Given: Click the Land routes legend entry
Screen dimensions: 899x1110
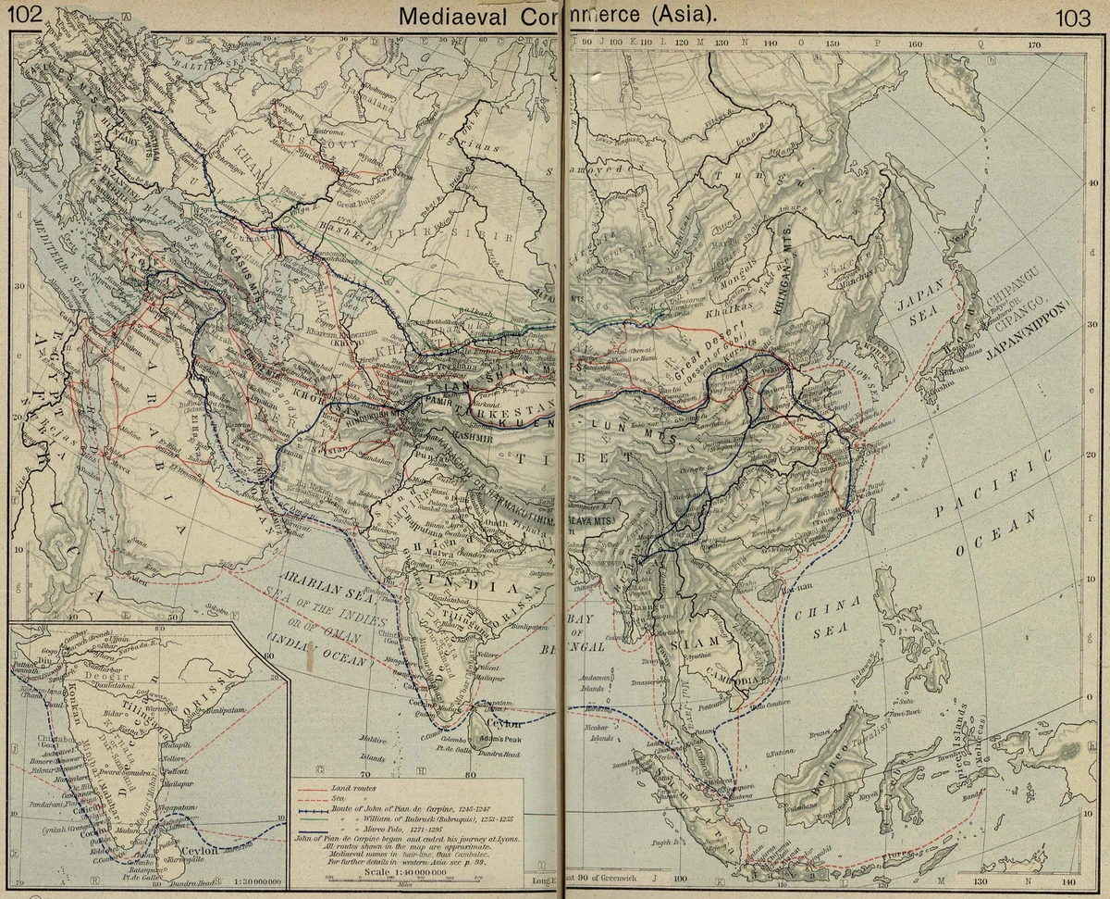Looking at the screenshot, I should click(x=351, y=785).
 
